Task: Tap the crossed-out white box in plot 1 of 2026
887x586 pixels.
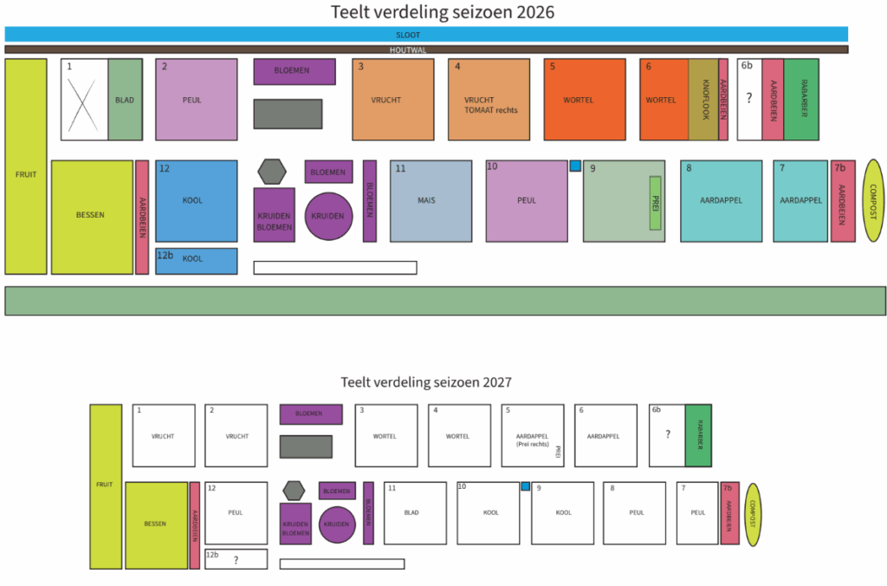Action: pyautogui.click(x=84, y=100)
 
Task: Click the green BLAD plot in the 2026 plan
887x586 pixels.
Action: pyautogui.click(x=125, y=100)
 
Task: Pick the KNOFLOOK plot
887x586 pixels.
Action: pyautogui.click(x=703, y=100)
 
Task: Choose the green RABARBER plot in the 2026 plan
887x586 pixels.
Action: pyautogui.click(x=801, y=100)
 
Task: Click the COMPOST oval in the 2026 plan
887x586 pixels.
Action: pyautogui.click(x=872, y=201)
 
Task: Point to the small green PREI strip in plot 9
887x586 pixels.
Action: pyautogui.click(x=656, y=202)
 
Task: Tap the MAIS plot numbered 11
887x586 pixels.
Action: pyautogui.click(x=431, y=201)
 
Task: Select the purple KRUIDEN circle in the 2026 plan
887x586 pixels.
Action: pyautogui.click(x=328, y=217)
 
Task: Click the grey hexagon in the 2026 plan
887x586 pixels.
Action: pyautogui.click(x=272, y=172)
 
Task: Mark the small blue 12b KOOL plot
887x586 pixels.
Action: pyautogui.click(x=197, y=261)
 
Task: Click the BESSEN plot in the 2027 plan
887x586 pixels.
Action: pyautogui.click(x=157, y=524)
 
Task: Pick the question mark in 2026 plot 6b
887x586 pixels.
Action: pyautogui.click(x=749, y=99)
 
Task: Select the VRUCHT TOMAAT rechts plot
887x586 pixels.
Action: pyautogui.click(x=489, y=100)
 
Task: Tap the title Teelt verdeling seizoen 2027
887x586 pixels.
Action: pyautogui.click(x=426, y=381)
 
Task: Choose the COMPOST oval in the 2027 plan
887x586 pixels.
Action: pyautogui.click(x=753, y=514)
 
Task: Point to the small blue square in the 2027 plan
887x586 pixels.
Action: pyautogui.click(x=525, y=486)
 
